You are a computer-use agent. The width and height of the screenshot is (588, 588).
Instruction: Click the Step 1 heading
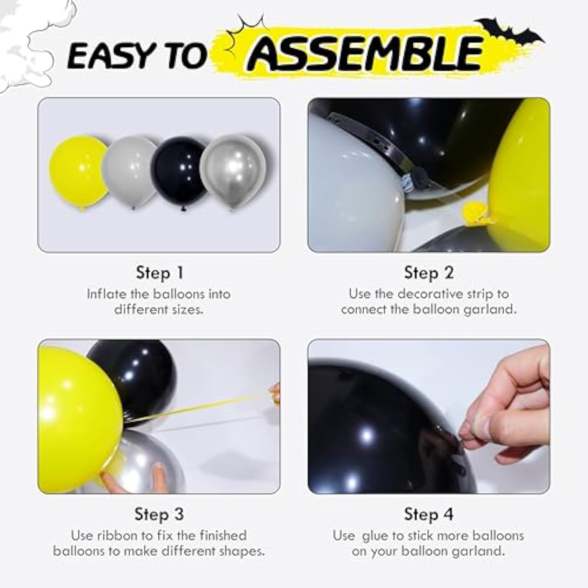click(x=159, y=273)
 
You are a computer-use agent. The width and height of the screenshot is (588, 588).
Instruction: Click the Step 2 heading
click(x=428, y=273)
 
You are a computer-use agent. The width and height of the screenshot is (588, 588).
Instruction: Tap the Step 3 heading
click(x=159, y=514)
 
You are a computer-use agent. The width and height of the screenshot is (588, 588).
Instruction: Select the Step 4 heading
click(x=428, y=514)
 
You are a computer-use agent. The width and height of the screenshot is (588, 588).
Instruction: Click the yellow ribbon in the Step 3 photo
click(x=204, y=408)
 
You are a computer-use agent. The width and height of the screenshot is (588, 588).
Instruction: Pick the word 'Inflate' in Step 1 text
click(x=106, y=294)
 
